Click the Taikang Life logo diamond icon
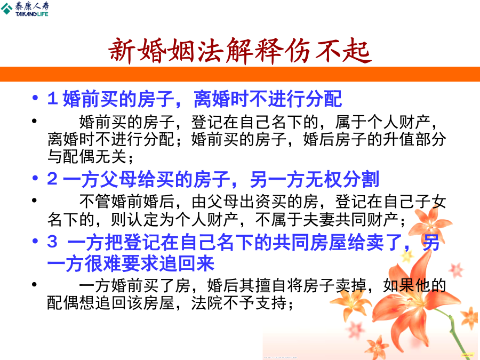point(7,9)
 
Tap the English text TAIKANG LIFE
point(32,14)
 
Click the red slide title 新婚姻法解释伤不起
point(239,51)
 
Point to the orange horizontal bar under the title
point(240,74)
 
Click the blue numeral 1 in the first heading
point(52,99)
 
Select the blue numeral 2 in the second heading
point(52,179)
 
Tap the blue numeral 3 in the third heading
point(52,241)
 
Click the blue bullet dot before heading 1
point(35,98)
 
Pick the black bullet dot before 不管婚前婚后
point(34,201)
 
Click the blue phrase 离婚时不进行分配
point(268,99)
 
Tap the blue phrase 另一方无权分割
point(314,179)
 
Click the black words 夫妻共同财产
point(350,220)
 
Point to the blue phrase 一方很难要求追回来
point(131,263)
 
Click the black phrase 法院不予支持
point(239,303)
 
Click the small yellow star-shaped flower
point(407,256)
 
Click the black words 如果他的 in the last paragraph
point(414,286)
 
